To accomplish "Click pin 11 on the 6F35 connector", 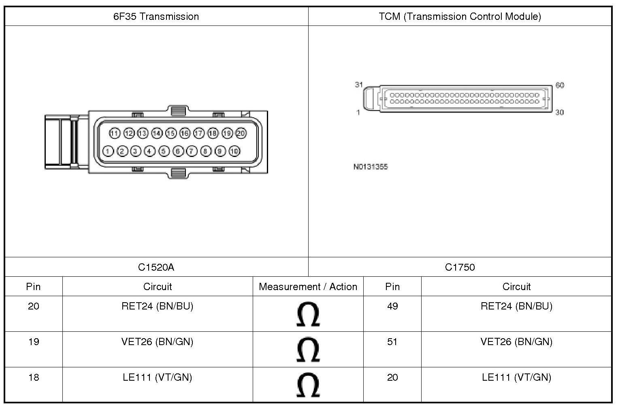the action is coord(115,133).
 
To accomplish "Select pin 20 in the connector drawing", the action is coord(241,133).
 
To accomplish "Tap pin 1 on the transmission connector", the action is coord(108,151).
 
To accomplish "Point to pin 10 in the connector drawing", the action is coord(234,151).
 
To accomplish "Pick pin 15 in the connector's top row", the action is coord(171,133).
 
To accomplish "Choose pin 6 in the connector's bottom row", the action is coord(178,151).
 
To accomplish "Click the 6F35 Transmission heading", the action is coord(156,17).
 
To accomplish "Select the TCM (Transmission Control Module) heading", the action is coord(460,17).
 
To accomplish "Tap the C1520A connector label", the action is coord(156,267).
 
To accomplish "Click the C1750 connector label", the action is coord(460,267).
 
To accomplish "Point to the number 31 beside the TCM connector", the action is coord(359,85).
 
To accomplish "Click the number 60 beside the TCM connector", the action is coord(560,85).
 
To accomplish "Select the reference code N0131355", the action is coord(370,167).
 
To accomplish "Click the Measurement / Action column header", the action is coord(308,287).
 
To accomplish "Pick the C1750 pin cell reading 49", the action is coord(392,306).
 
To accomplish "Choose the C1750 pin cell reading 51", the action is coord(392,342).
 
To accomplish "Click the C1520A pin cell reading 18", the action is coord(34,377).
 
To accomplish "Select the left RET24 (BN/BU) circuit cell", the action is coord(157,306).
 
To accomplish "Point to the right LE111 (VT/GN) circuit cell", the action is coord(516,377).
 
